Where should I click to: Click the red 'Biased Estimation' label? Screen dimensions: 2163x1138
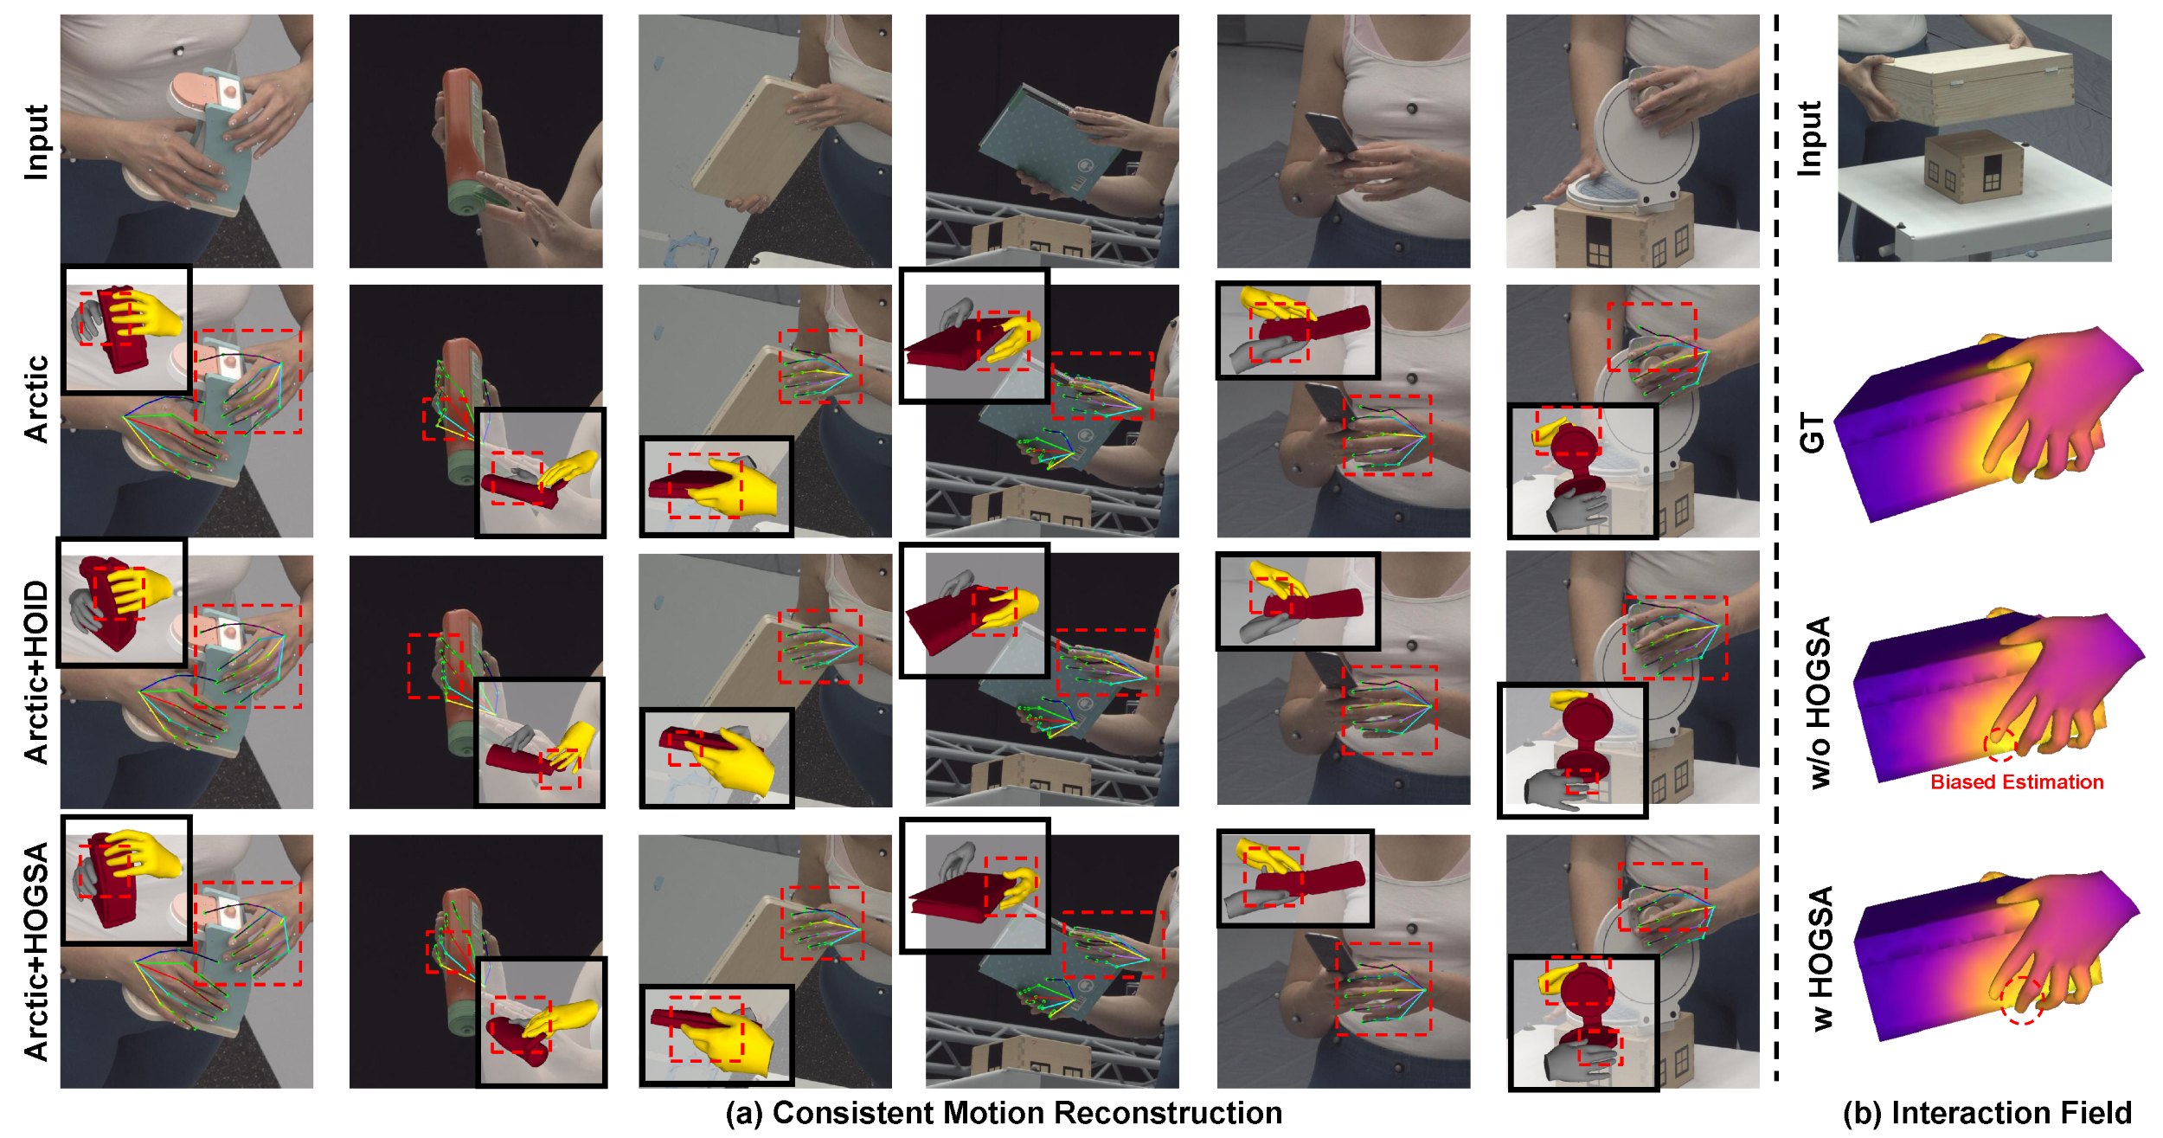click(2017, 782)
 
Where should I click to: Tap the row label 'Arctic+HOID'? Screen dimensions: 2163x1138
click(36, 672)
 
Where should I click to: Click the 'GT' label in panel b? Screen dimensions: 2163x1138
click(1812, 433)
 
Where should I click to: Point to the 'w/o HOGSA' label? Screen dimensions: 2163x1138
click(1820, 702)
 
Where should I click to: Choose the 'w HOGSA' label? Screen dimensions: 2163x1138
click(1820, 958)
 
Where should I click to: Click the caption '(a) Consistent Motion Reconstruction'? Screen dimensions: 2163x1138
click(1004, 1113)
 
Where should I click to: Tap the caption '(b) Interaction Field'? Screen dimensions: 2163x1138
click(1987, 1113)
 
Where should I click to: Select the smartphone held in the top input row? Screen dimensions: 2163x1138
click(1332, 135)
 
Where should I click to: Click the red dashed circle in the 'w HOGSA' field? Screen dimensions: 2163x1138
click(2022, 1000)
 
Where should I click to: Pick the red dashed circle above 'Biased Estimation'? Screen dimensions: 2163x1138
click(1999, 745)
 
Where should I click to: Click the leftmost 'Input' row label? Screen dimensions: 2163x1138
click(36, 143)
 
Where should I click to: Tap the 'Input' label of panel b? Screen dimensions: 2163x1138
click(1809, 138)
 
